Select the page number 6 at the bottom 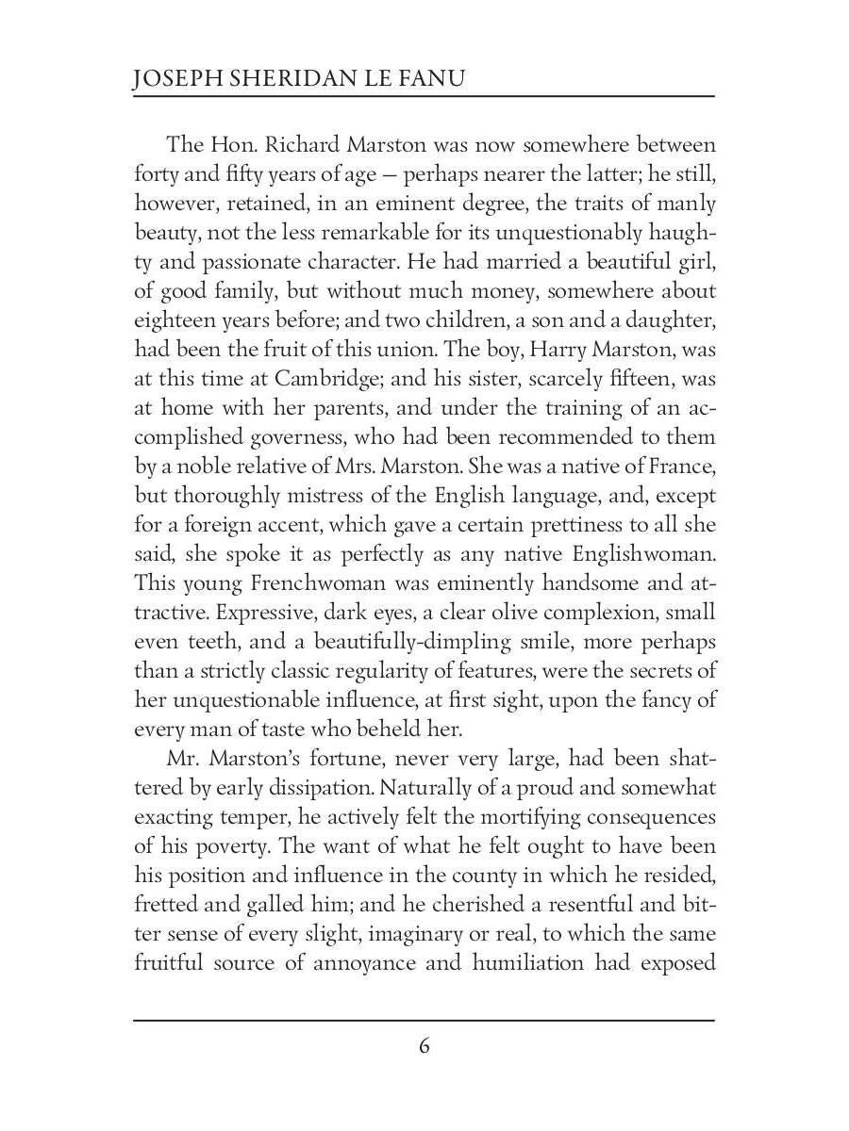424,1047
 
